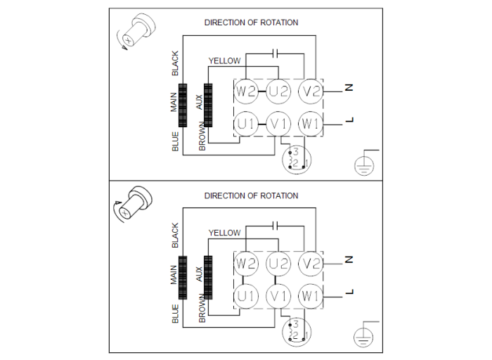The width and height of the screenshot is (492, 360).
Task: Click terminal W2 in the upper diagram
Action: click(246, 91)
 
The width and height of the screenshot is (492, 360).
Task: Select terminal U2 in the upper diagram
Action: click(278, 91)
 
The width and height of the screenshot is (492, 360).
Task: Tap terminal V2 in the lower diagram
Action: click(311, 264)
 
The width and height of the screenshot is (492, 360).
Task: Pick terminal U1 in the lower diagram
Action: click(246, 296)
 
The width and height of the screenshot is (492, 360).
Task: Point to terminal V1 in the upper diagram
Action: click(278, 124)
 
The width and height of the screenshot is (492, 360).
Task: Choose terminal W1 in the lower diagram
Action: click(311, 296)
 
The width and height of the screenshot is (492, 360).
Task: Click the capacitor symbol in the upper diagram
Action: click(276, 53)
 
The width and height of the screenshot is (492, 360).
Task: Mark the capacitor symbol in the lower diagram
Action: click(276, 226)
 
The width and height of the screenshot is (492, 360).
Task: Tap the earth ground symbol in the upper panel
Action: click(364, 165)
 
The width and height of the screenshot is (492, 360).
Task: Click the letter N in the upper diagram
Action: click(349, 88)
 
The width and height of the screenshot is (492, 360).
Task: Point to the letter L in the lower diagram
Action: click(349, 292)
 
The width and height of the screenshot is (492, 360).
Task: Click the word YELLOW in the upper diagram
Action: click(225, 61)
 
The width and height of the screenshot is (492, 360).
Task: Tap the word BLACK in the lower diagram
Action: click(175, 236)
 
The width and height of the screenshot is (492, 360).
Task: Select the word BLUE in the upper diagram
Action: click(175, 141)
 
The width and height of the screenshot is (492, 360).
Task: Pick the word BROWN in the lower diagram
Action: click(202, 308)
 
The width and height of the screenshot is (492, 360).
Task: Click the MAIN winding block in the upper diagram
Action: click(183, 105)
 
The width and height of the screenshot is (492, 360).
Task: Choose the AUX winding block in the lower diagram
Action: click(208, 278)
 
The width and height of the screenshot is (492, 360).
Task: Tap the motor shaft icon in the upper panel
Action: click(136, 32)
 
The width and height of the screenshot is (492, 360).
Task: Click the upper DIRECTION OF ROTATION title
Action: click(252, 22)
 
